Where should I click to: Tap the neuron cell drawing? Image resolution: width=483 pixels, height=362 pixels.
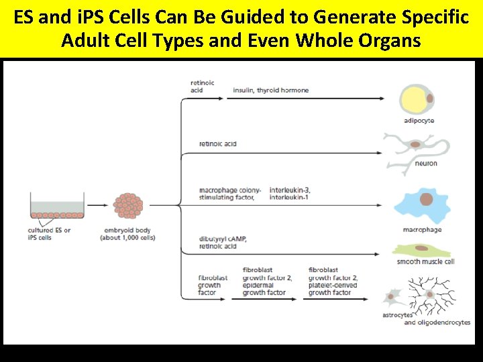click(x=417, y=145)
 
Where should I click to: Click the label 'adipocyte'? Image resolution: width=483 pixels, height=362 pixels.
click(x=419, y=121)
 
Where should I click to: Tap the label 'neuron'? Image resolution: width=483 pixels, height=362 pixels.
click(x=425, y=163)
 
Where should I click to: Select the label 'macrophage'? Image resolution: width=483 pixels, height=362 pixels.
click(x=422, y=230)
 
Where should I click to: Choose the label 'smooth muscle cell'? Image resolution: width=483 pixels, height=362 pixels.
click(x=425, y=261)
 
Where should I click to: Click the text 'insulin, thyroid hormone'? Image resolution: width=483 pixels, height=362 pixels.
click(x=270, y=90)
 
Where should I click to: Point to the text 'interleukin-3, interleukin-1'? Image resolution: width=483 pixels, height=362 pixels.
click(x=289, y=194)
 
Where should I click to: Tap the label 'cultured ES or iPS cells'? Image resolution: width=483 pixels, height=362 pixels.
click(x=48, y=234)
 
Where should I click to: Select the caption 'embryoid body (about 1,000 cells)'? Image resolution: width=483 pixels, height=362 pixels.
click(x=127, y=234)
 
